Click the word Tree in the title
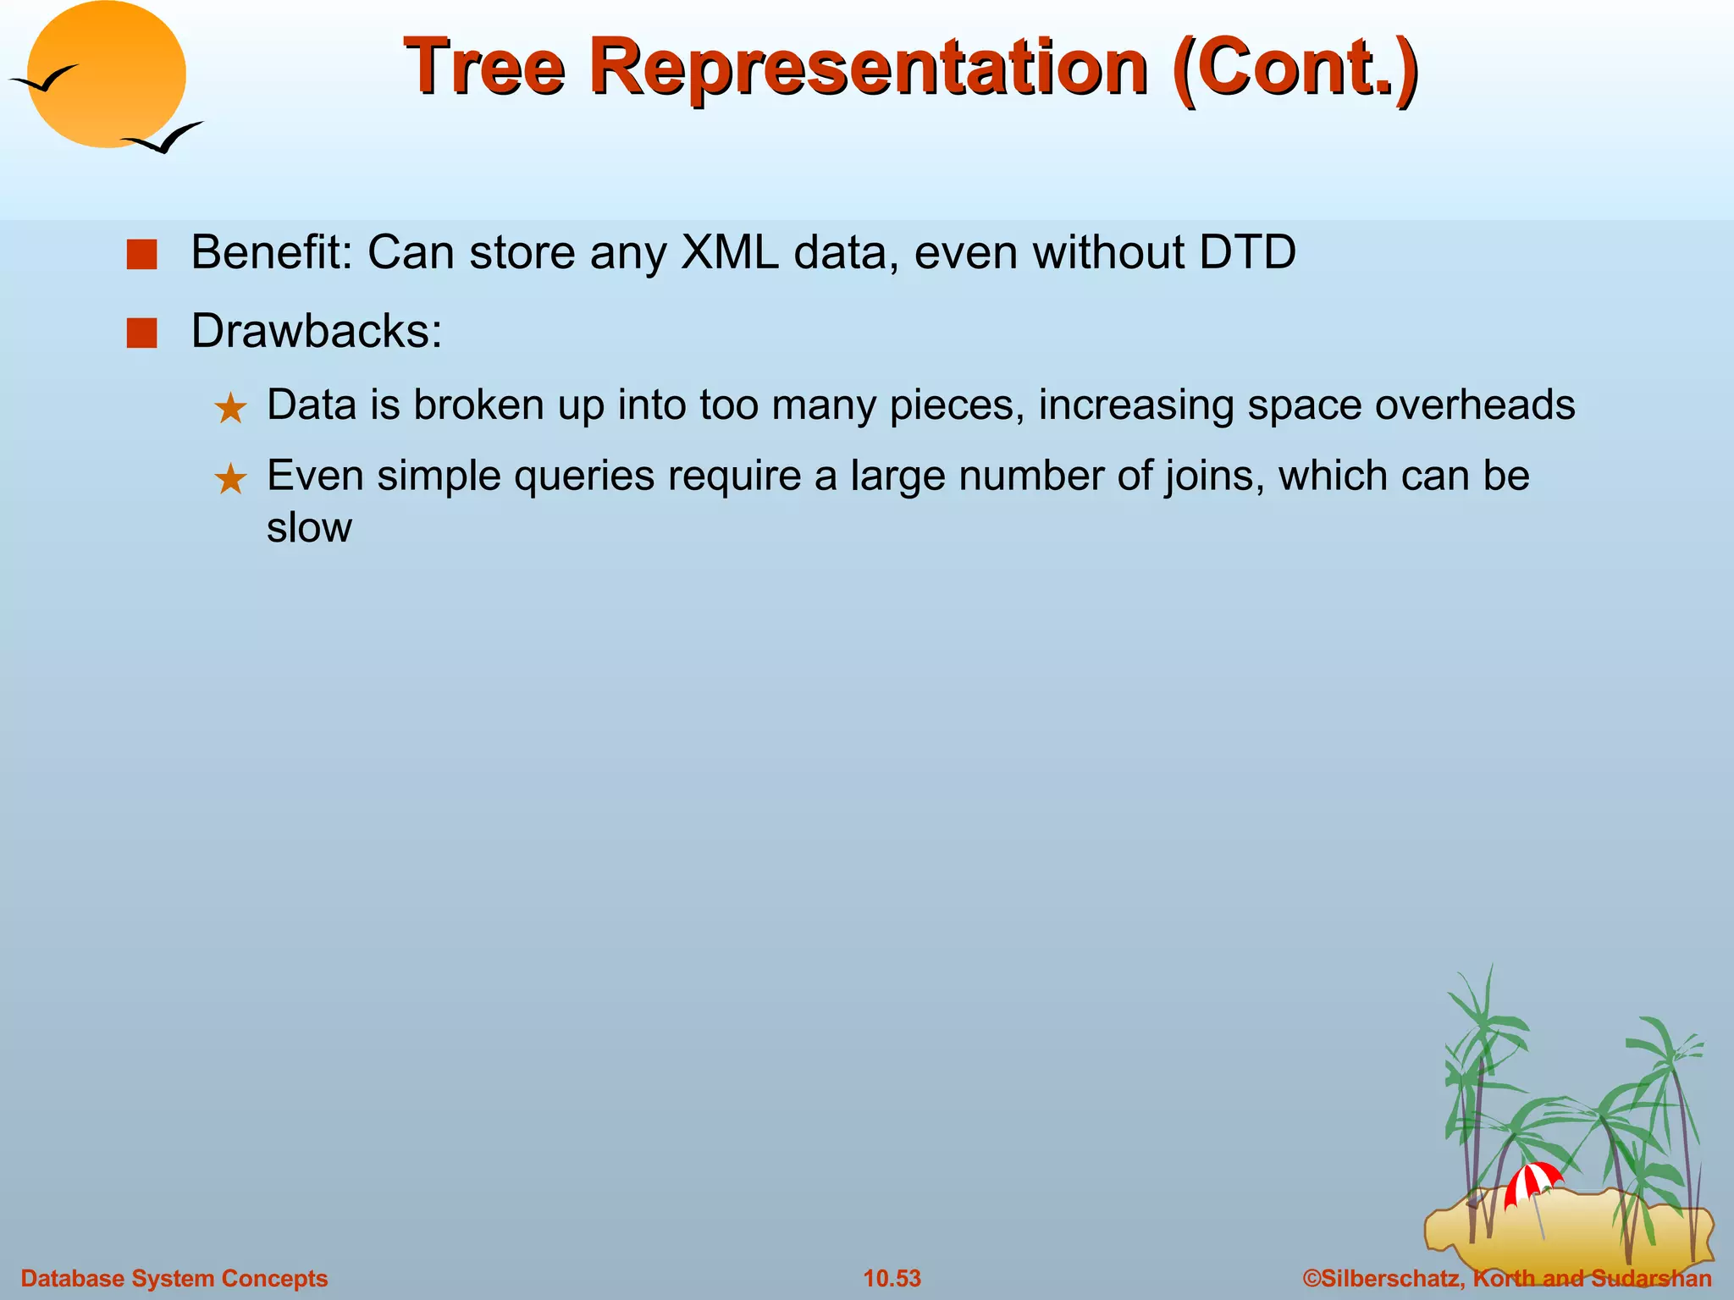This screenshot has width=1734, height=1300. click(484, 68)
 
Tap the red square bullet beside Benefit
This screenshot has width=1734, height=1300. click(141, 255)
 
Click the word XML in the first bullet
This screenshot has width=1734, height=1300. click(730, 252)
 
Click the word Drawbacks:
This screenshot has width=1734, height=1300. click(317, 331)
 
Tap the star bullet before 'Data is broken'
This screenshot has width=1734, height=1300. click(230, 410)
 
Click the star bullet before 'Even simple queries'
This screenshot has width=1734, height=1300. click(230, 480)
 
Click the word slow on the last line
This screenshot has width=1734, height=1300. click(309, 528)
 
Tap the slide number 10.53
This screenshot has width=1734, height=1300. click(892, 1278)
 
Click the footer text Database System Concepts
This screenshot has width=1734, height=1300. click(174, 1278)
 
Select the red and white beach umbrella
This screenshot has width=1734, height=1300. click(1532, 1182)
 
